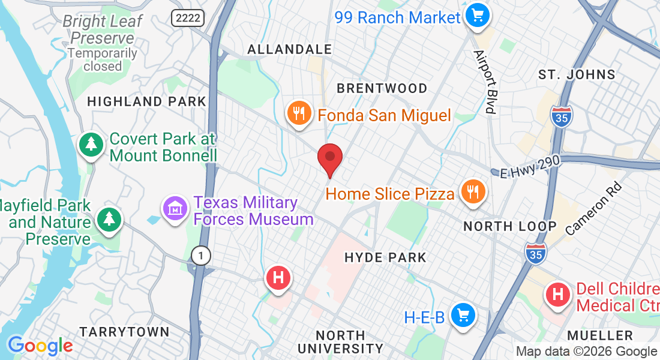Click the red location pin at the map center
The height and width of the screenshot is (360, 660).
pos(329,158)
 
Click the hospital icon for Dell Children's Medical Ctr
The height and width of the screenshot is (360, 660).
pos(557,295)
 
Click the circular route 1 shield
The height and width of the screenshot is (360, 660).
pos(201,256)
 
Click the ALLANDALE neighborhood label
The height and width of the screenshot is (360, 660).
pos(289,49)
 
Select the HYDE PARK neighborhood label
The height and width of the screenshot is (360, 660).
pos(385,257)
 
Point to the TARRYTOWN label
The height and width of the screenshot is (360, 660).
pos(125,332)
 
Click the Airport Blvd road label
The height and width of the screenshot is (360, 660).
pos(485,82)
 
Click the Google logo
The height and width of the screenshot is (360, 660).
pos(40,346)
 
